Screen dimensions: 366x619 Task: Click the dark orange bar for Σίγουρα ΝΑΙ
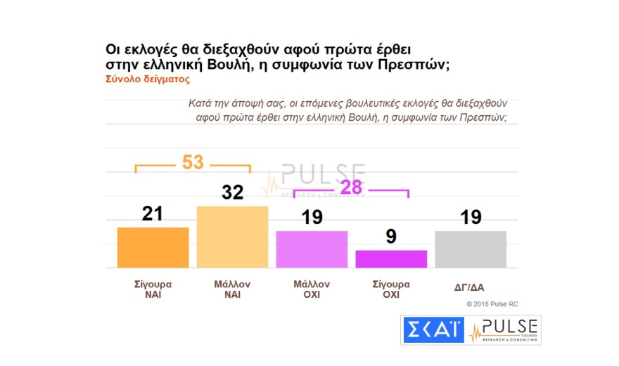[153, 247]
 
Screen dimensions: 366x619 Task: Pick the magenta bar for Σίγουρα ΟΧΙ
[391, 259]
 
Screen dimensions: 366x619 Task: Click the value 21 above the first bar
[153, 214]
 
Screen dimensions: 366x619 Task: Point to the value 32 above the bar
[232, 192]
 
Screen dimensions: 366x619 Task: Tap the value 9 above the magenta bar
[391, 237]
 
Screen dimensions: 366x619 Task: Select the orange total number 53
[192, 162]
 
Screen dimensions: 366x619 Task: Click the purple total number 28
[351, 188]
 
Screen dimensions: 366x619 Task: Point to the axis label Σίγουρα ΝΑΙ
[153, 289]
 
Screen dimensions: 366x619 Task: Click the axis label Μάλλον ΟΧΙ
[312, 289]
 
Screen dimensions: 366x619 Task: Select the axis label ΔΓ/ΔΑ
[471, 287]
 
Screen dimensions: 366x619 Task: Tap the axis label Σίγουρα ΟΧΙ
[391, 289]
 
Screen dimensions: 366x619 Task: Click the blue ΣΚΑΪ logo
[432, 330]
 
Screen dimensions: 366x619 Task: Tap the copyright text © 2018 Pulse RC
[492, 304]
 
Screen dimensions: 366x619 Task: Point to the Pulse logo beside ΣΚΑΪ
[504, 330]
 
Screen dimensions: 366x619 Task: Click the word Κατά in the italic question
[199, 103]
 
